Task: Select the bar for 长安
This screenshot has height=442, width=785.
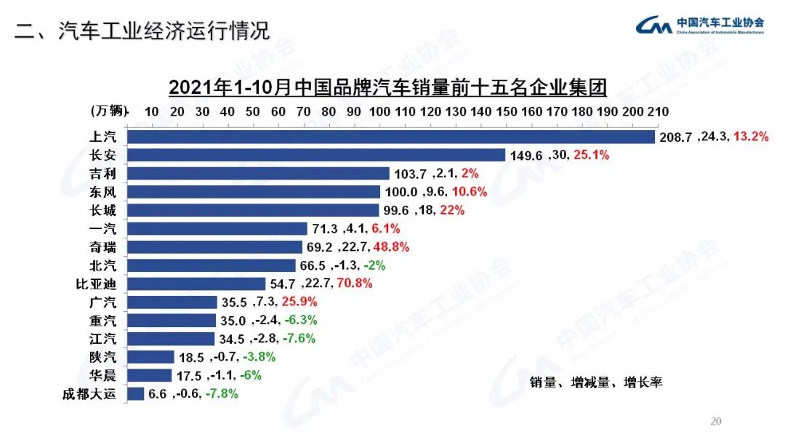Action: (316, 155)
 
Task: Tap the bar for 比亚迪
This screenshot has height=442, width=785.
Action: (196, 284)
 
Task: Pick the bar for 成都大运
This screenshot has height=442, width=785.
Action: (136, 394)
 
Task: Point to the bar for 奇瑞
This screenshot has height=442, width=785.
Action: (214, 246)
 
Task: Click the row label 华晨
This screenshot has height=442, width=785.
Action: (102, 375)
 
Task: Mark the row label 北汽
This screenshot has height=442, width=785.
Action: (102, 265)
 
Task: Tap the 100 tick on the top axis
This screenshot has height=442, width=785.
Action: (379, 111)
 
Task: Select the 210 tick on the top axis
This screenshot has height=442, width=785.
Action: (658, 111)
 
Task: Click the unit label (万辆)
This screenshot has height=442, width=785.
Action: (109, 111)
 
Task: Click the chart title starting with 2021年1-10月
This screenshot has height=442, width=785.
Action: (387, 88)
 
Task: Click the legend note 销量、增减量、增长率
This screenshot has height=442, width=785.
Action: (596, 382)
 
